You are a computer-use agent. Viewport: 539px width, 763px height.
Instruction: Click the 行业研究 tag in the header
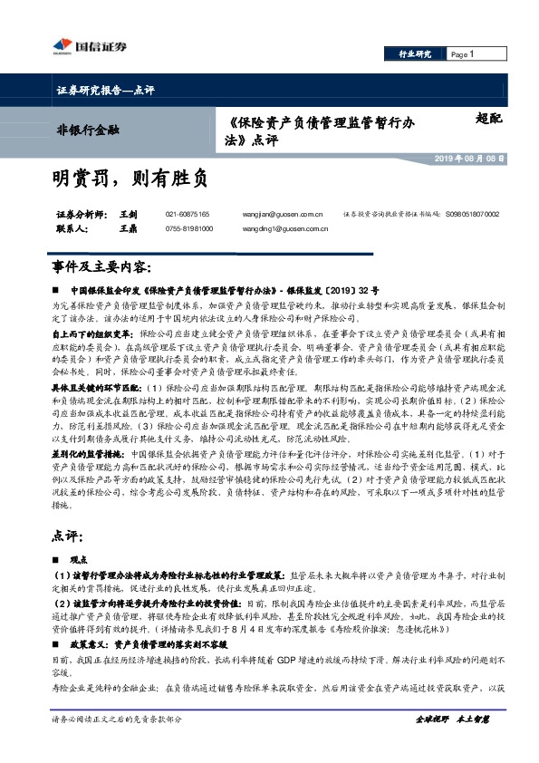(416, 54)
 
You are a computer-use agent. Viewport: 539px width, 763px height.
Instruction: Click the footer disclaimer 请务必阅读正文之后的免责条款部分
(118, 744)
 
